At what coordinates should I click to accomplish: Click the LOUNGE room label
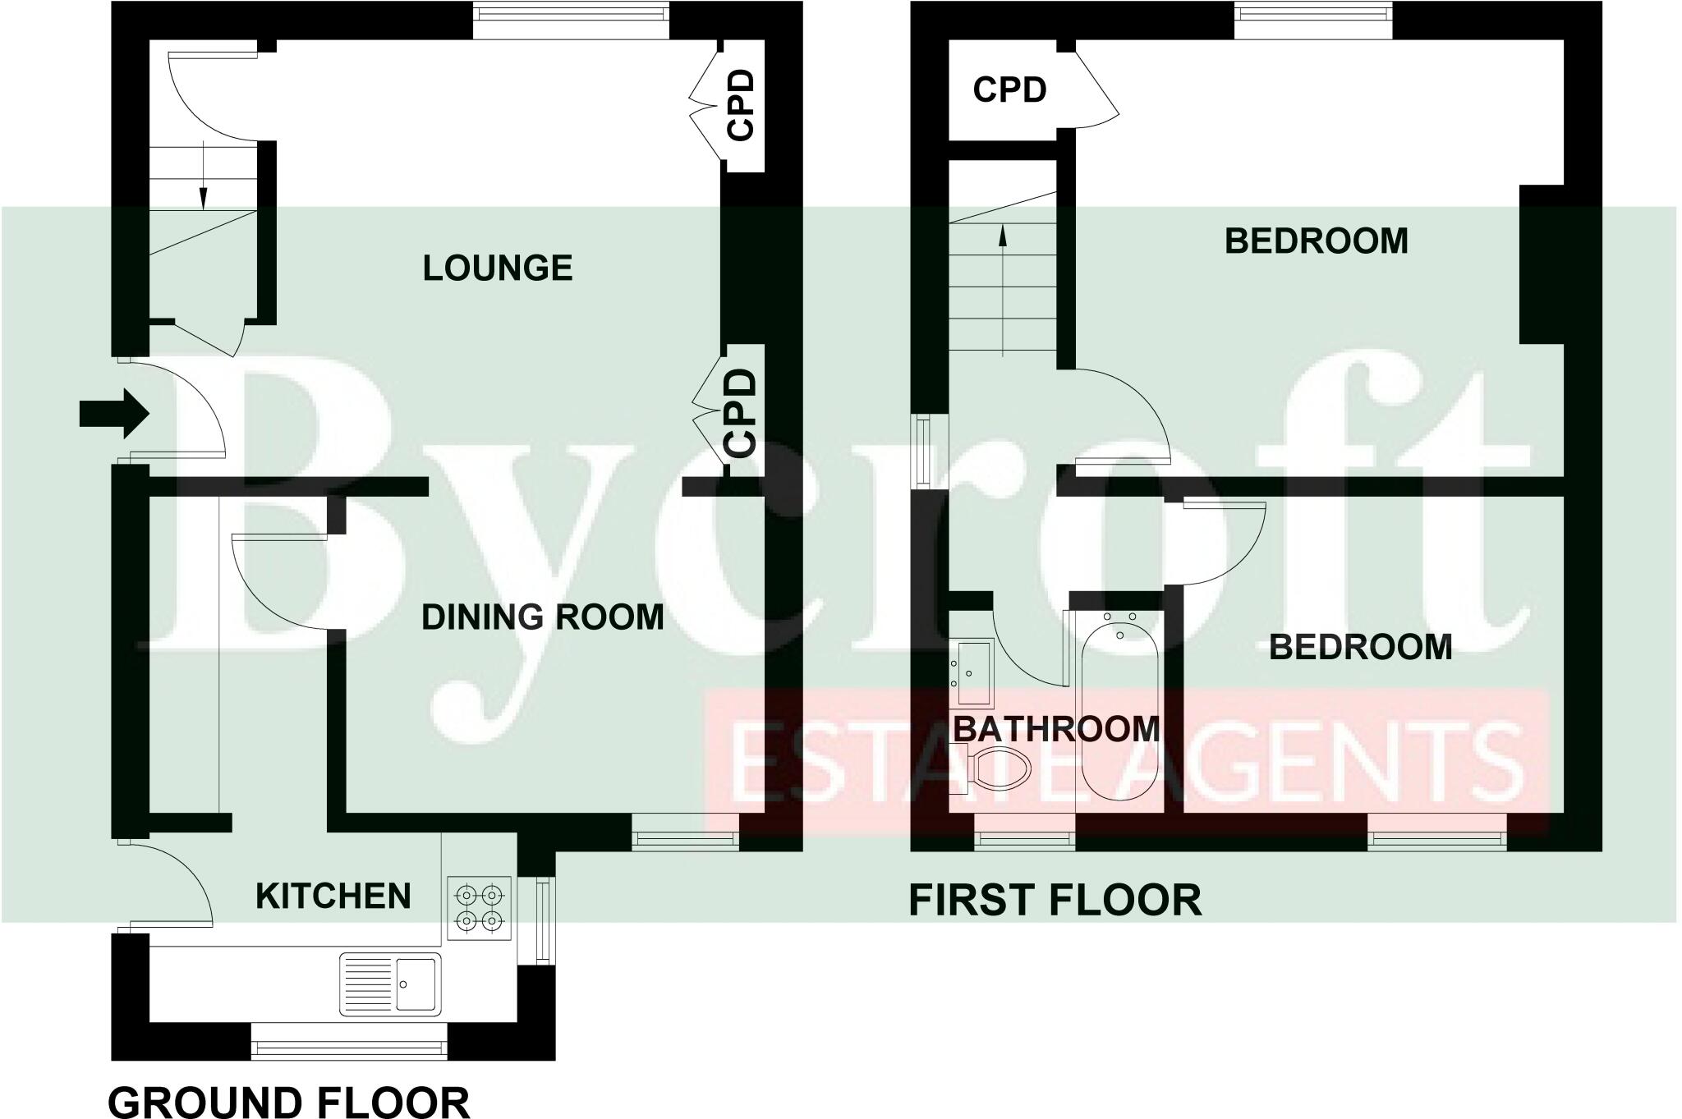click(497, 268)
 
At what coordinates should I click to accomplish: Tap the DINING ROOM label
click(542, 617)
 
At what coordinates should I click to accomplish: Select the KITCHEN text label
click(333, 896)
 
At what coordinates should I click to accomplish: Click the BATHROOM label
click(1055, 729)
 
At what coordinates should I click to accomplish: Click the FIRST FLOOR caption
click(1055, 900)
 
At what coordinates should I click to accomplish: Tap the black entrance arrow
click(113, 414)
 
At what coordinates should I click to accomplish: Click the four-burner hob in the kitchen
click(480, 907)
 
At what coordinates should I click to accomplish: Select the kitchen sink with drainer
click(391, 983)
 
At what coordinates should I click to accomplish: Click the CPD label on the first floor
click(1009, 89)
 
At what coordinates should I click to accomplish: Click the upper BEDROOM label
click(1316, 241)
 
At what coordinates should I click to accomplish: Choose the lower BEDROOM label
click(1360, 647)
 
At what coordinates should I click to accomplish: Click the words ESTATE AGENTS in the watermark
click(1125, 762)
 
